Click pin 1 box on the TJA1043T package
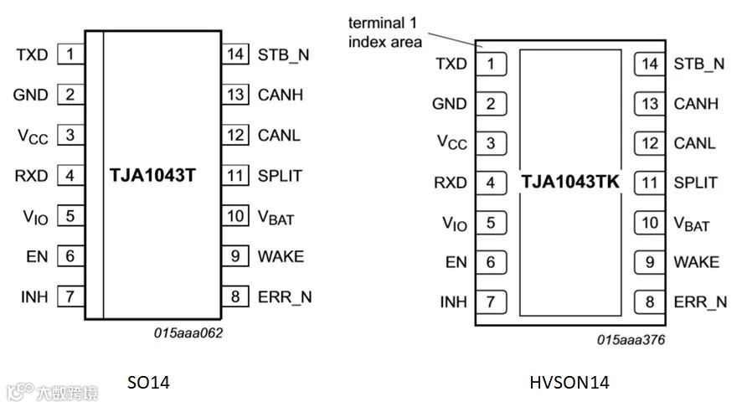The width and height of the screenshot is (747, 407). pos(70,55)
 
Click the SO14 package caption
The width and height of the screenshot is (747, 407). pos(148,383)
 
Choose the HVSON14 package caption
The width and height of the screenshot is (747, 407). pos(569,383)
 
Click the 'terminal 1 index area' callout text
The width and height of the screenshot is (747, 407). pos(386,32)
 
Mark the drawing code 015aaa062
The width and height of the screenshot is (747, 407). pos(188,332)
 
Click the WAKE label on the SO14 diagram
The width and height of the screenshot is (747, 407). pos(281,256)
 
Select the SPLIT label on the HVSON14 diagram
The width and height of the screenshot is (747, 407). pos(695,183)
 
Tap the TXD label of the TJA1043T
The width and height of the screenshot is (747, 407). pos(32,55)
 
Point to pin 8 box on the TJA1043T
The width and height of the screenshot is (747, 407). pos(236,296)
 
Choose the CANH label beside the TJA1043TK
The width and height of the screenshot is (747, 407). pos(696,104)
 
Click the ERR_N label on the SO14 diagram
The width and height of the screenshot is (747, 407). pos(284,296)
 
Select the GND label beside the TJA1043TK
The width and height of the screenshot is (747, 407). pos(450,104)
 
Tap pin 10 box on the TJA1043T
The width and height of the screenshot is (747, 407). pos(236,216)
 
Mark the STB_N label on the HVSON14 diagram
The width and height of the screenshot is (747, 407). pos(698,64)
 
